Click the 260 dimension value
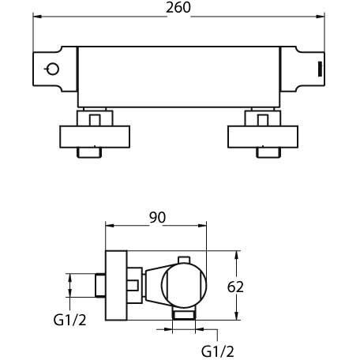(178, 8)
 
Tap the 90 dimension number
(157, 217)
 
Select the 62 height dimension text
(235, 287)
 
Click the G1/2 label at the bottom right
(218, 351)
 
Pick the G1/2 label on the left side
(69, 321)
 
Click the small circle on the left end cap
(53, 69)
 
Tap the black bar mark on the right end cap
(321, 69)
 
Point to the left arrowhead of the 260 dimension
(37, 17)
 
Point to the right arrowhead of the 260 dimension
(321, 17)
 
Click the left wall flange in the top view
(95, 137)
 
